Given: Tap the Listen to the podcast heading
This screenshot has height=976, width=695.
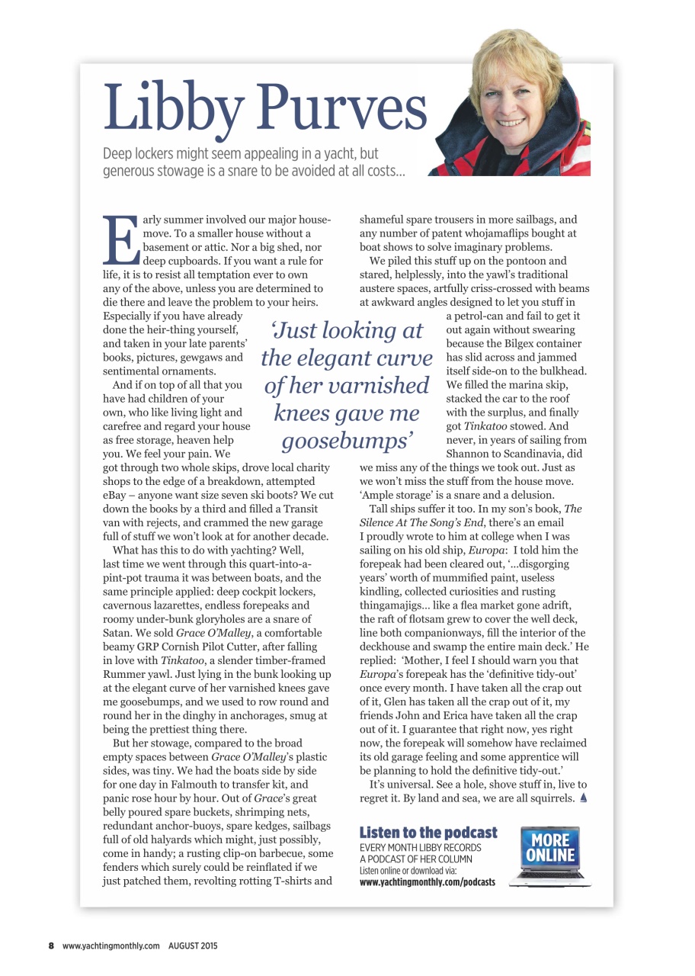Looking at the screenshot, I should [x=428, y=832].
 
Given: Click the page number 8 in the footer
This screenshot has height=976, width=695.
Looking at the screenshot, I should [x=52, y=945].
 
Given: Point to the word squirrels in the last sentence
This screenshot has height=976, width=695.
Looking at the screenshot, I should [x=549, y=798].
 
